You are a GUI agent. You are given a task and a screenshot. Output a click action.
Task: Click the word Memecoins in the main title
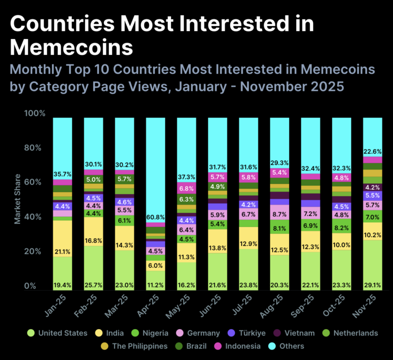pos(72,48)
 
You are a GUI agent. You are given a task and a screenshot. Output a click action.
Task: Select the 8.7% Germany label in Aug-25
pos(280,215)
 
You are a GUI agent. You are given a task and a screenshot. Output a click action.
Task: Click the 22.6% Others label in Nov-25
pos(373,151)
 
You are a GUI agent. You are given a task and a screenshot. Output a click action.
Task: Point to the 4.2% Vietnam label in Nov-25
pos(373,187)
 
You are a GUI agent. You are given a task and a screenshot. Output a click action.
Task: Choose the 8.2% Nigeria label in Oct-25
pos(342,227)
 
